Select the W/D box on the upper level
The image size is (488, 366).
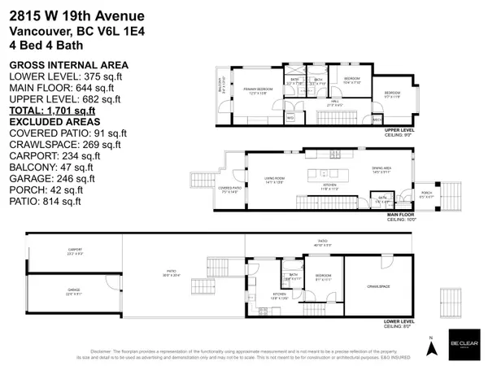(290, 116)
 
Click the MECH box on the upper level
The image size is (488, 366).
(377, 120)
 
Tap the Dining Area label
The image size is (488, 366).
(381, 172)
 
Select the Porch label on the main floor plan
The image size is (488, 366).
(425, 195)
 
